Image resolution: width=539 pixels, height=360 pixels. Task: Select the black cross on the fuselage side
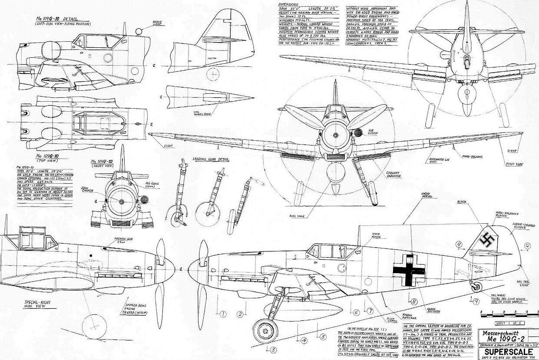click(407, 270)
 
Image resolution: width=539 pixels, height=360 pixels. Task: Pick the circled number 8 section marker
click(414, 301)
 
